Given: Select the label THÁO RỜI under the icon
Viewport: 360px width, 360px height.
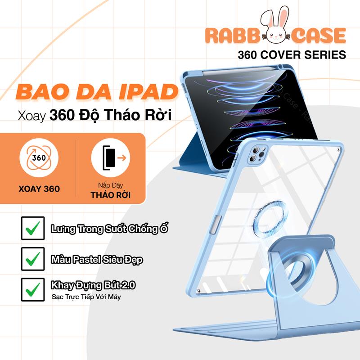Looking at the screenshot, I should pyautogui.click(x=111, y=195).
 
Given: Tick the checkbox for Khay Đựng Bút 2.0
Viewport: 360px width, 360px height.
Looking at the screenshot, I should pyautogui.click(x=33, y=289).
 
